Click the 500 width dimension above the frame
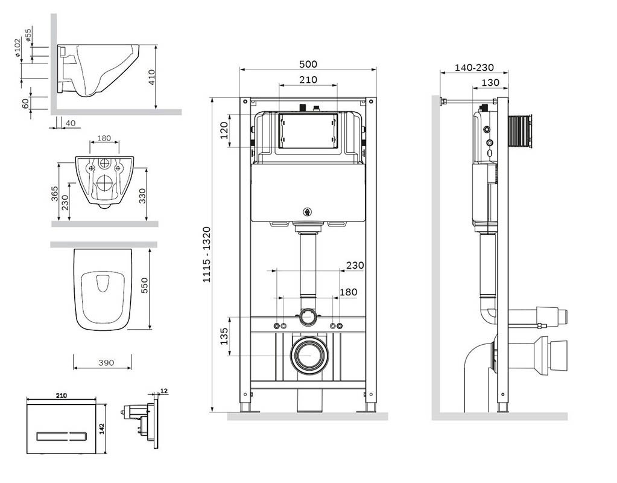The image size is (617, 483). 308,64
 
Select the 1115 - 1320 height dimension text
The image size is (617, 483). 206,254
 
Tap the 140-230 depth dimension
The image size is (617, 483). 474,68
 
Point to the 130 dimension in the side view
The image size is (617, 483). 491,83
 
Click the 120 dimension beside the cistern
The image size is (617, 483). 224,130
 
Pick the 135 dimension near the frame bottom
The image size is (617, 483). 224,336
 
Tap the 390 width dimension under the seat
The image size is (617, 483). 106,362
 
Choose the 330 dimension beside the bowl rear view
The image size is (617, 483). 142,196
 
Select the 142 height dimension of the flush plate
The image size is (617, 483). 102,427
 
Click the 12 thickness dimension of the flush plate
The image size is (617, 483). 165,392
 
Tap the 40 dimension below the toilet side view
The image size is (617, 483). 70,123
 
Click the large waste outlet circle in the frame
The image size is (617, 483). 309,355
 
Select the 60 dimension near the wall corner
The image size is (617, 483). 26,103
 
